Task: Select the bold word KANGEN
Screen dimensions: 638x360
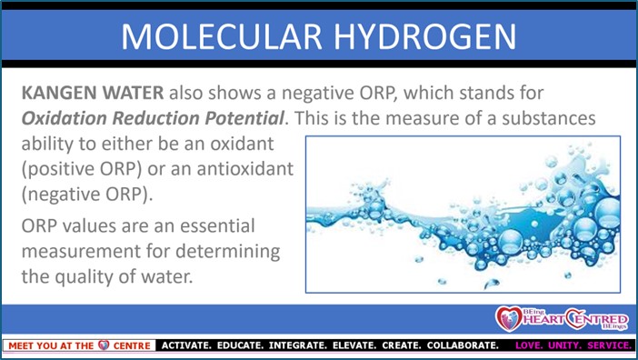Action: click(x=59, y=93)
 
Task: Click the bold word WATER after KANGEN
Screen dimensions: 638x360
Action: click(x=133, y=93)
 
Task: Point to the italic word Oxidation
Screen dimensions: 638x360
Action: click(x=65, y=118)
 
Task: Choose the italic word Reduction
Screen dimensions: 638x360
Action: click(x=155, y=118)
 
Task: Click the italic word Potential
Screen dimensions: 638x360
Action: click(x=244, y=118)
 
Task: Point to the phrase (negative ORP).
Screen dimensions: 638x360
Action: click(x=87, y=195)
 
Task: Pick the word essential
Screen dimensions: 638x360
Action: click(x=217, y=225)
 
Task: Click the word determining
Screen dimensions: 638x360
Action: click(x=228, y=252)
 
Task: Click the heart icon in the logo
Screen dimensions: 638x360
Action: click(x=508, y=318)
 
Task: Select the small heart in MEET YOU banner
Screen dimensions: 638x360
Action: click(x=104, y=345)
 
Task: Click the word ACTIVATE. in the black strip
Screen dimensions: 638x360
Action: click(x=186, y=345)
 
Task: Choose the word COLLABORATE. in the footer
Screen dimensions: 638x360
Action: click(x=463, y=345)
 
